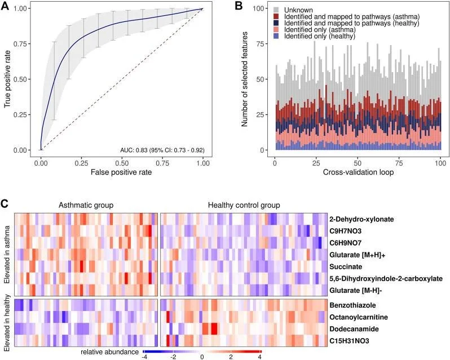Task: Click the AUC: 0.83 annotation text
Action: click(162, 150)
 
